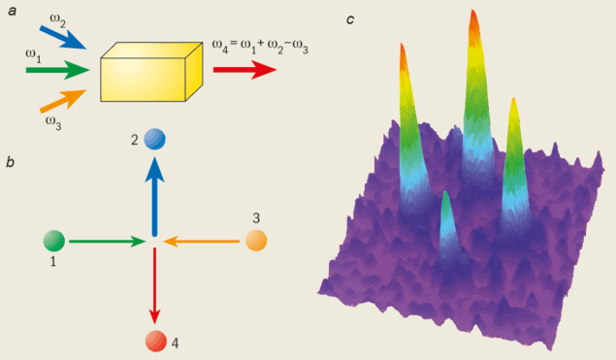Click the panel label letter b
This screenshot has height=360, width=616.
click(x=9, y=162)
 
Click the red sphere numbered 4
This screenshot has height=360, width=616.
click(x=154, y=341)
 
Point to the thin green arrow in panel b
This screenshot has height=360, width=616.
click(x=107, y=240)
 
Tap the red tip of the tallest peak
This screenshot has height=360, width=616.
click(x=473, y=21)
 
